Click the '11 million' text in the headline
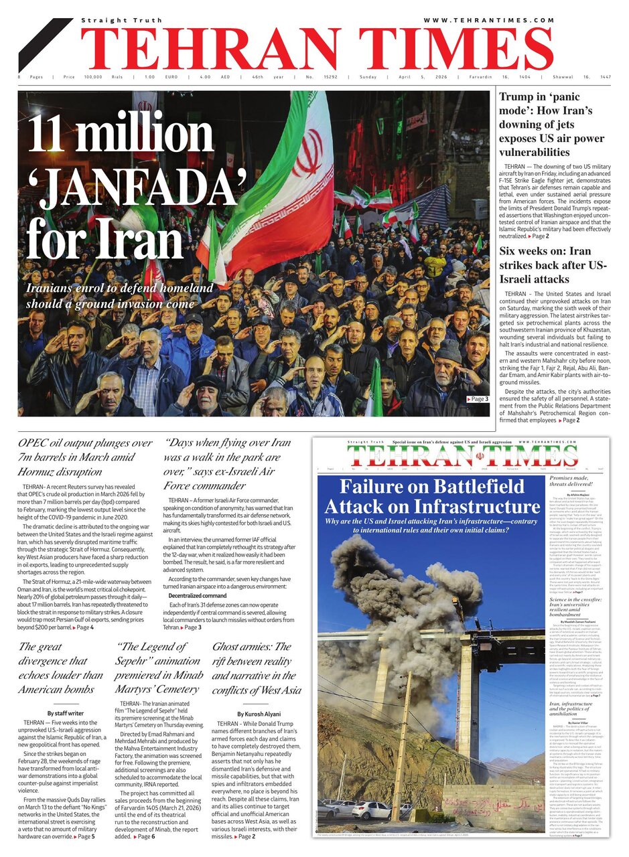pyautogui.click(x=121, y=135)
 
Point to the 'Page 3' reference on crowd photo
pyautogui.click(x=477, y=400)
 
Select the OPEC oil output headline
pyautogui.click(x=85, y=457)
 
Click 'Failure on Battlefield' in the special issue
pyautogui.click(x=431, y=487)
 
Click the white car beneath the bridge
pyautogui.click(x=370, y=810)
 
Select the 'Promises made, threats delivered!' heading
pyautogui.click(x=577, y=482)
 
